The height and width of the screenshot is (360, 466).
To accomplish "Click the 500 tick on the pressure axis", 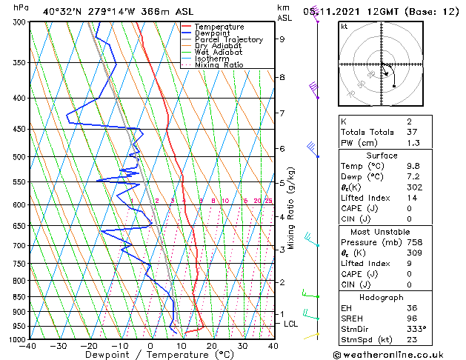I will click(19, 157).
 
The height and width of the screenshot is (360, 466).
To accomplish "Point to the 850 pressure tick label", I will click(19, 296).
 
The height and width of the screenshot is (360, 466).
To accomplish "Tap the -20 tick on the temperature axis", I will click(89, 346).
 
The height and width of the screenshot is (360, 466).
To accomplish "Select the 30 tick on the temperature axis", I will click(242, 346).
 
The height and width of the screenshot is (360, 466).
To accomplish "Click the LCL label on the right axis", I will click(291, 324).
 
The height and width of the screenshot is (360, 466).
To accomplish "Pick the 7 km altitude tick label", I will click(282, 113).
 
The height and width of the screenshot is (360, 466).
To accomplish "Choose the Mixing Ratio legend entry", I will click(219, 65).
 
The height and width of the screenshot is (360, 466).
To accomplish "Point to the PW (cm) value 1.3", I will click(434, 143).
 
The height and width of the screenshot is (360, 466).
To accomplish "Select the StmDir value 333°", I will click(437, 330).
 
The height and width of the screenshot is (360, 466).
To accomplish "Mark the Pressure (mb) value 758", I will click(436, 241).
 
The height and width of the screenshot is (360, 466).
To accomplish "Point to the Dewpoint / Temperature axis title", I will click(150, 356).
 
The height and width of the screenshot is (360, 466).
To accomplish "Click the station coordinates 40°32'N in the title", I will click(63, 12).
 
